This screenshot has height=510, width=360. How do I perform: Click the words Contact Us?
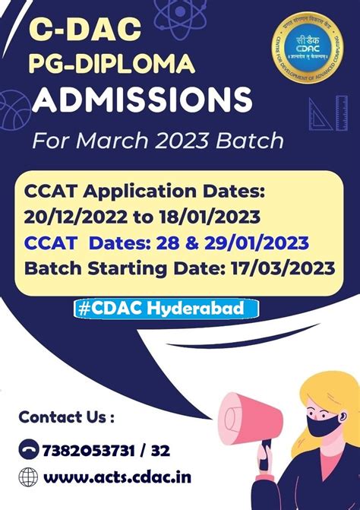pos(66,417)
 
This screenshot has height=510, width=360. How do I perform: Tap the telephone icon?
pos(28,450)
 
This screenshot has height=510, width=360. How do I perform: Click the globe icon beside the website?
pos(28,477)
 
